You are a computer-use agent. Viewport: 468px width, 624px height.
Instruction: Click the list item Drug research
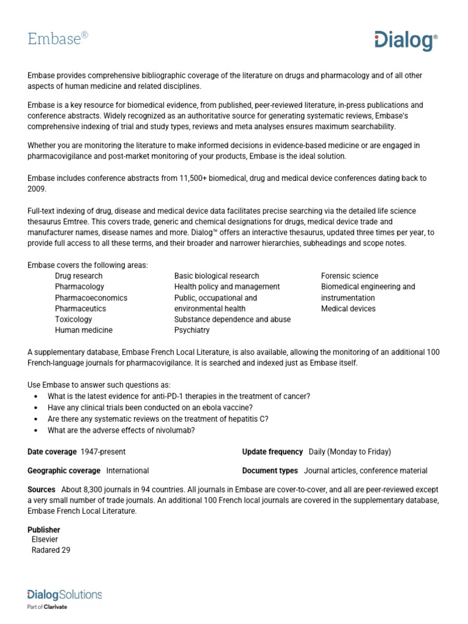pyautogui.click(x=79, y=276)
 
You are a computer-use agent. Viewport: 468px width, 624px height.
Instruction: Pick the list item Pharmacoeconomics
pyautogui.click(x=91, y=298)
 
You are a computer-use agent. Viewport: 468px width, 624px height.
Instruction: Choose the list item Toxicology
pyautogui.click(x=73, y=319)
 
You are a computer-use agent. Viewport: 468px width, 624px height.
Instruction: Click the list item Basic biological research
pyautogui.click(x=216, y=276)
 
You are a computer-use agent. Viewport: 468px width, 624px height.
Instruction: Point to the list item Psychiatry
pyautogui.click(x=191, y=330)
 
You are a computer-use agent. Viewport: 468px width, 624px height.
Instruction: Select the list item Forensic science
pyautogui.click(x=349, y=276)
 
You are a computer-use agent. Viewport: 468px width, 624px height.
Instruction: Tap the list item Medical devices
pyautogui.click(x=348, y=309)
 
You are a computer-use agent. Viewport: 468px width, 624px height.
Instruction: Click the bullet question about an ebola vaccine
pyautogui.click(x=150, y=407)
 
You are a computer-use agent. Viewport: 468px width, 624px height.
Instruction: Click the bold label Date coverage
pyautogui.click(x=51, y=452)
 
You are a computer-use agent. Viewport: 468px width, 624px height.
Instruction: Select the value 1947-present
pyautogui.click(x=103, y=452)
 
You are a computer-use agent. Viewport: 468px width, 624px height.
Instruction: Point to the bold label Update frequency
pyautogui.click(x=272, y=452)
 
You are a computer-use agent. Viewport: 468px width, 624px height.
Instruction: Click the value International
pyautogui.click(x=127, y=470)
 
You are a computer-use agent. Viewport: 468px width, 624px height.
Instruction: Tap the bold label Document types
pyautogui.click(x=270, y=470)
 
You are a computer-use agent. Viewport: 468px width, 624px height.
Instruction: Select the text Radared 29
pyautogui.click(x=51, y=550)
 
